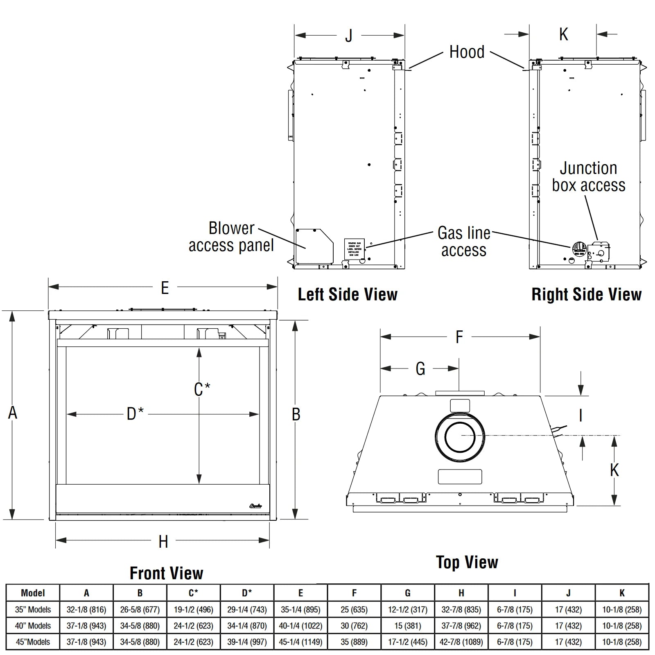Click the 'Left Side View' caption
(x=348, y=294)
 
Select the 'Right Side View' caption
(x=586, y=294)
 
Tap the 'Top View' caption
(x=467, y=562)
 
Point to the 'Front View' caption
(x=166, y=573)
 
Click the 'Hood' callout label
(x=467, y=52)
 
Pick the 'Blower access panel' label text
(x=231, y=237)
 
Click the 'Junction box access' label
(x=589, y=177)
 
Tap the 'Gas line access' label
(x=464, y=242)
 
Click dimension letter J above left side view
(x=348, y=36)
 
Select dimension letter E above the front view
(x=165, y=288)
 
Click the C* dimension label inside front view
(x=202, y=389)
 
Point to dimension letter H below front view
(x=163, y=542)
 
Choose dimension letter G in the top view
(x=420, y=369)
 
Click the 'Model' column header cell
(x=33, y=593)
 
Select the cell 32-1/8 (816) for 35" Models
(x=86, y=610)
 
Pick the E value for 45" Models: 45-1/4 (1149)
(x=300, y=642)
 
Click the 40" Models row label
(x=33, y=626)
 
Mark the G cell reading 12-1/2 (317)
(x=408, y=610)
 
